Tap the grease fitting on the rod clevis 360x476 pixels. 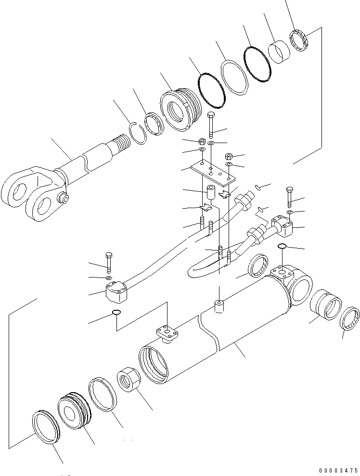click(63, 197)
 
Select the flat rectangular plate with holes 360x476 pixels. click(211, 175)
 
